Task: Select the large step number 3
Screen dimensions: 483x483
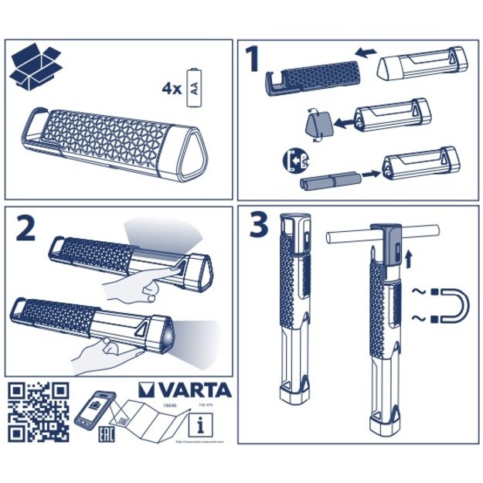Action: pos(258,226)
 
